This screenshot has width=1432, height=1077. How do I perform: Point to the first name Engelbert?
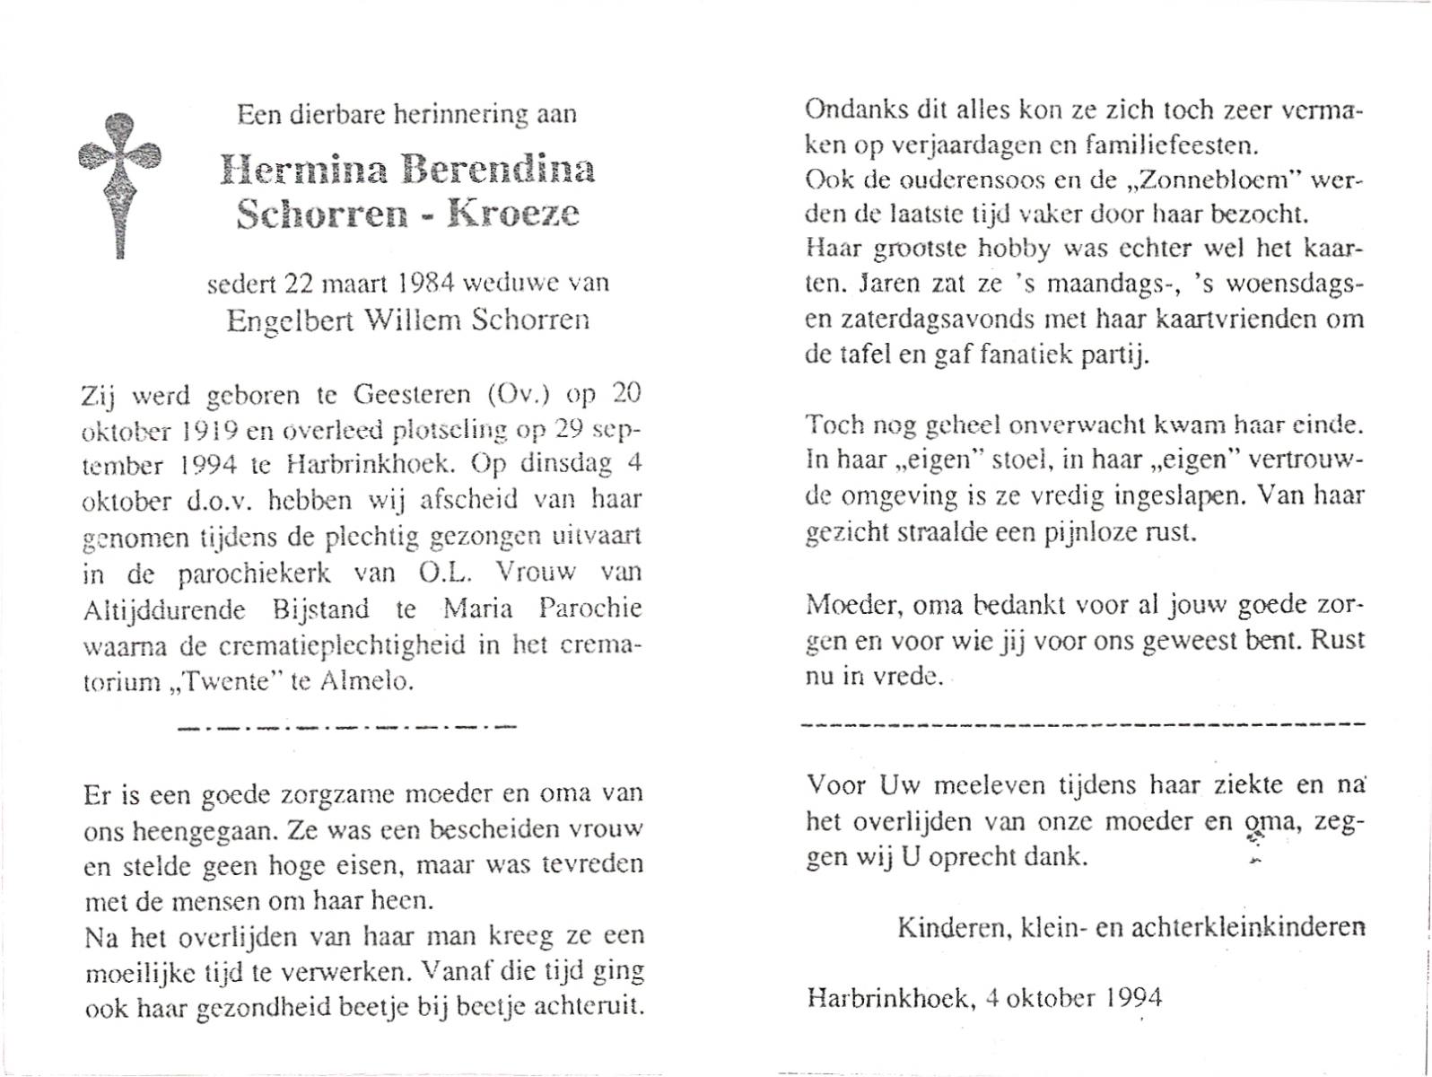(284, 320)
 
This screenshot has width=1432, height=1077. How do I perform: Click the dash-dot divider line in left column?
(347, 726)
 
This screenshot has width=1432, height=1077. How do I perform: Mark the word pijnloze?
(1087, 531)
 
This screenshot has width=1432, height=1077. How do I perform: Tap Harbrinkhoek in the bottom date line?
(887, 997)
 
